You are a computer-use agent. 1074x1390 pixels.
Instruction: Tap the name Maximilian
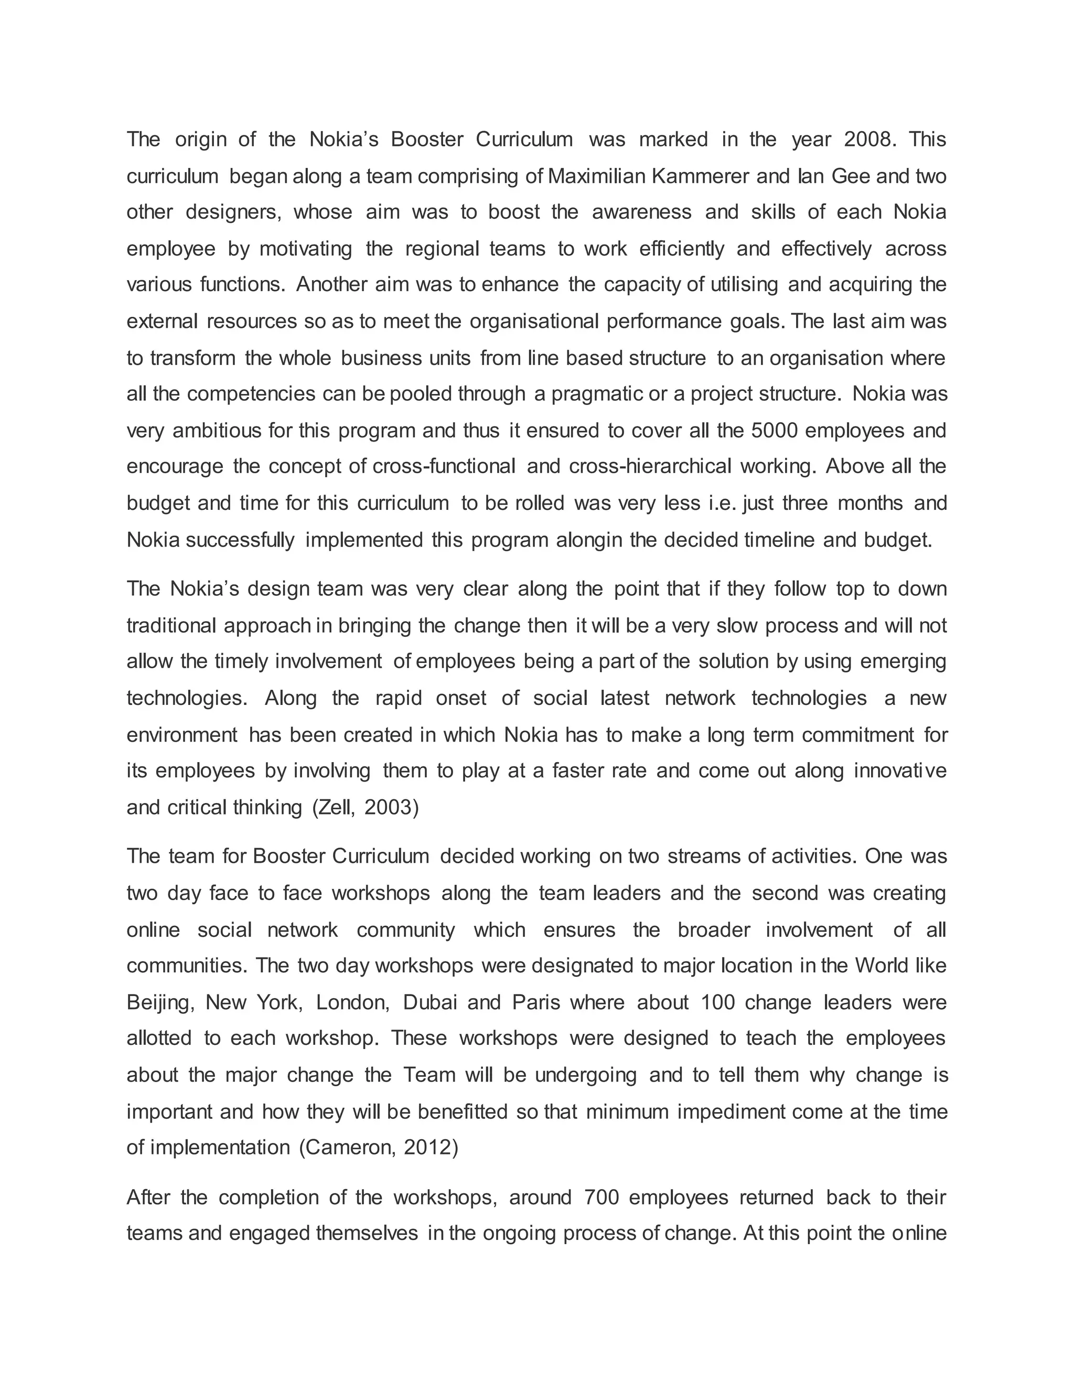coord(596,176)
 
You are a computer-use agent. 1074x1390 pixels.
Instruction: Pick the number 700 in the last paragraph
coord(600,1198)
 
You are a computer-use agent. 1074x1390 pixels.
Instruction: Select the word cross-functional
coord(444,466)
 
